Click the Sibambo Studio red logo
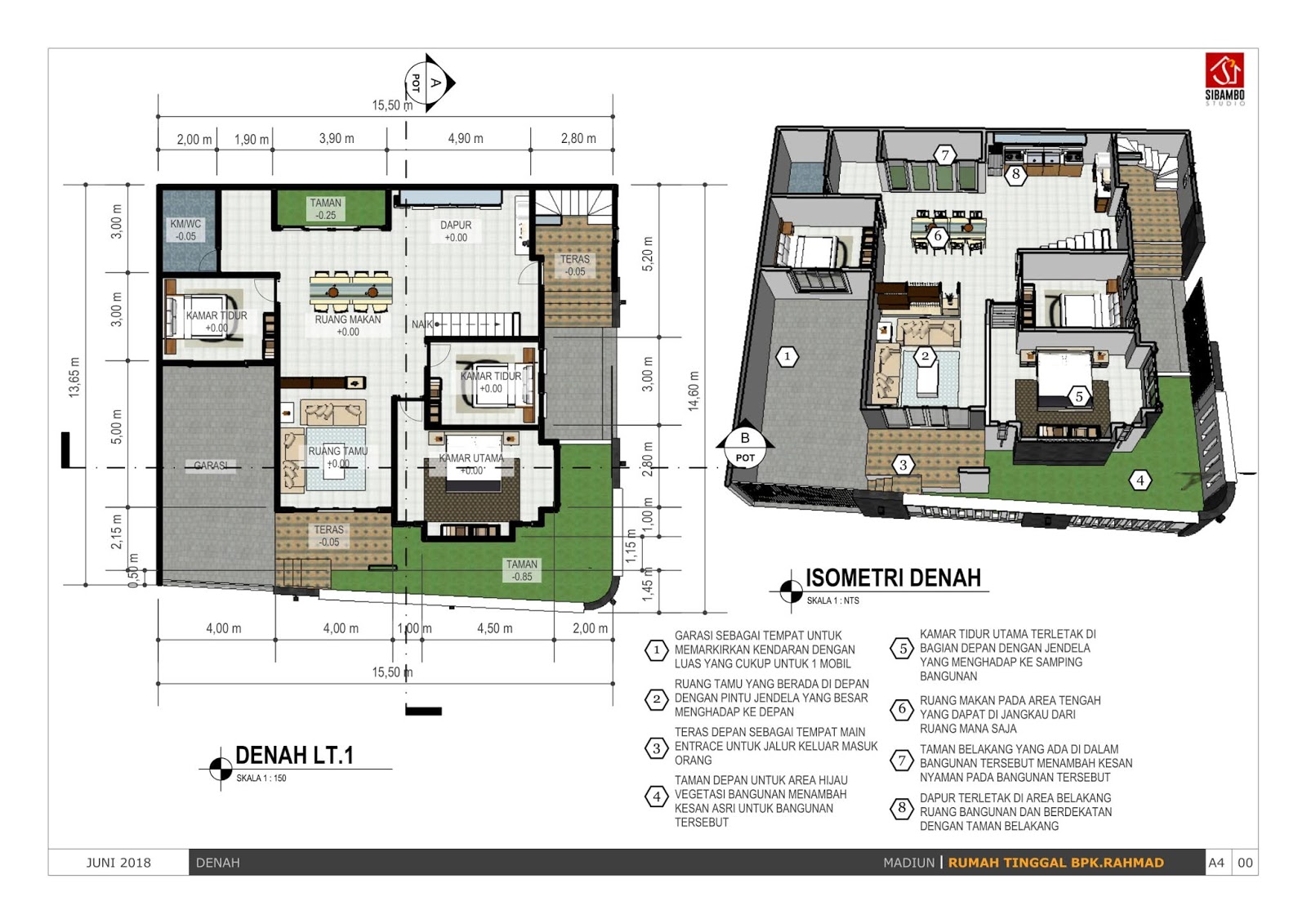pyautogui.click(x=1224, y=70)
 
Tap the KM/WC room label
pyautogui.click(x=185, y=230)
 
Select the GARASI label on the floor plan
pyautogui.click(x=211, y=466)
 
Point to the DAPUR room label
pyautogui.click(x=456, y=231)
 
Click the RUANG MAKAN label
pyautogui.click(x=348, y=326)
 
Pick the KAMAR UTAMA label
pyautogui.click(x=471, y=464)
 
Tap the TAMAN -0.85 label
pyautogui.click(x=522, y=570)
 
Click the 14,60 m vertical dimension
pyautogui.click(x=694, y=391)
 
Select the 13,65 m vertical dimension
pyautogui.click(x=74, y=377)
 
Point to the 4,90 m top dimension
pyautogui.click(x=466, y=138)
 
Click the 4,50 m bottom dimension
pyautogui.click(x=495, y=628)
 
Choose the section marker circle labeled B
pyautogui.click(x=745, y=448)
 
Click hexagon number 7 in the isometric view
pyautogui.click(x=944, y=155)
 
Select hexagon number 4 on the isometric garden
pyautogui.click(x=1140, y=481)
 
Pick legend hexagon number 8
pyautogui.click(x=902, y=809)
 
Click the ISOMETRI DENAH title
pyautogui.click(x=894, y=578)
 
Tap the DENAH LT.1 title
pyautogui.click(x=295, y=756)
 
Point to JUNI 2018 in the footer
pyautogui.click(x=118, y=863)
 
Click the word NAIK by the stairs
pyautogui.click(x=422, y=324)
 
